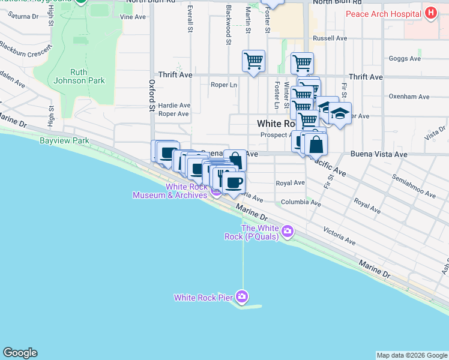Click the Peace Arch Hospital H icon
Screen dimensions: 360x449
(430, 13)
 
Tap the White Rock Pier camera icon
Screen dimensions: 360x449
(242, 296)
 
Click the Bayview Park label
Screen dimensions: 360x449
(64, 141)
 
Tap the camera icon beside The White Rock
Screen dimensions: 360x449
(288, 231)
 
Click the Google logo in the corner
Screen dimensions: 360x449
(20, 353)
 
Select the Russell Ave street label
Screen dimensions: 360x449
(330, 38)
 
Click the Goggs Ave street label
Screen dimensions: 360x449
(405, 59)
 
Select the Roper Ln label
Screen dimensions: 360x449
(223, 85)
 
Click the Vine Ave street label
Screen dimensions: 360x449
(133, 17)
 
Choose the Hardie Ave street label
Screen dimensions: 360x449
(174, 105)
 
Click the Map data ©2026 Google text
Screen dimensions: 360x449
(411, 355)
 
